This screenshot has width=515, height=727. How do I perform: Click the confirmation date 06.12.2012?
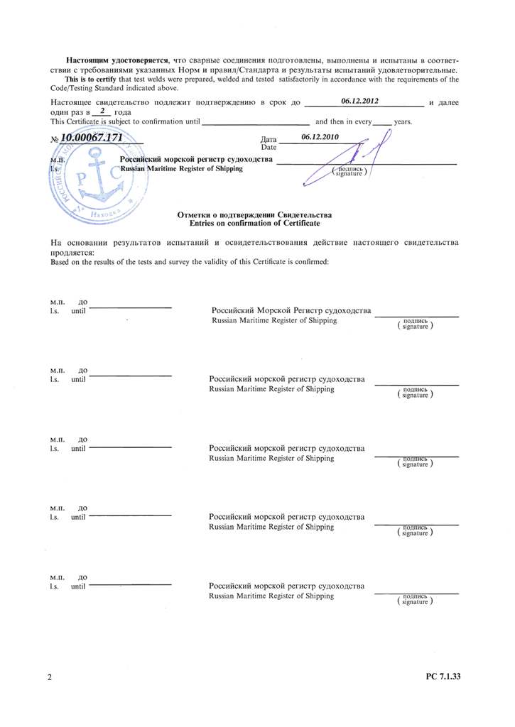coord(360,102)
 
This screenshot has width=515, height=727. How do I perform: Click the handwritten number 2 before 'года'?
coord(103,111)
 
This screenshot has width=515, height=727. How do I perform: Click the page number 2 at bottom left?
coord(50,677)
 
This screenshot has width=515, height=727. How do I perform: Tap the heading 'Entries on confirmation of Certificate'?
coord(254,224)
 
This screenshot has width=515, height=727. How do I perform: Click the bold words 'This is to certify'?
coord(90,79)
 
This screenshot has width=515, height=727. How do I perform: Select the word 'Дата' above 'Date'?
coord(269,139)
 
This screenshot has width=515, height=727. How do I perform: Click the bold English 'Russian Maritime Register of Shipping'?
coord(181,169)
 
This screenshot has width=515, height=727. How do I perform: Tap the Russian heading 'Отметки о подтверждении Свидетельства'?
coord(254,215)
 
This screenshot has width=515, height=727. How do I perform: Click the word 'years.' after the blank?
coord(403,121)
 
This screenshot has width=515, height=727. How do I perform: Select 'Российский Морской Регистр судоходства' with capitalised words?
coord(291,312)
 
